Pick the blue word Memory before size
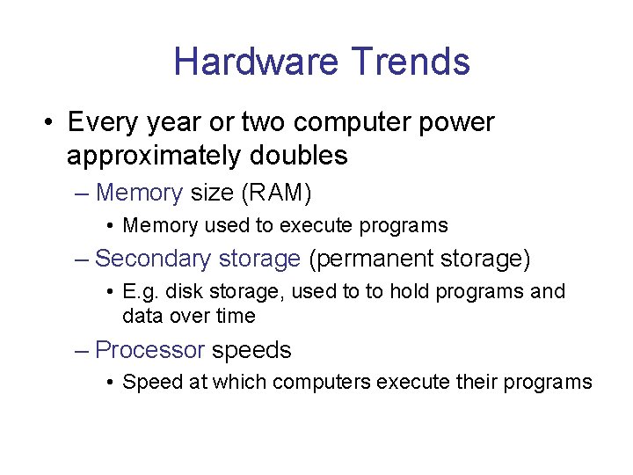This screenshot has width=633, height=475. [139, 192]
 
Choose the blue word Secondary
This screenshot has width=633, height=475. [150, 259]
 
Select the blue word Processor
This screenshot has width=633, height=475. [149, 350]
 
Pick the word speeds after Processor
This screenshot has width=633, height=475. [251, 350]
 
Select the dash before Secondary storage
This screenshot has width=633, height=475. [82, 259]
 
